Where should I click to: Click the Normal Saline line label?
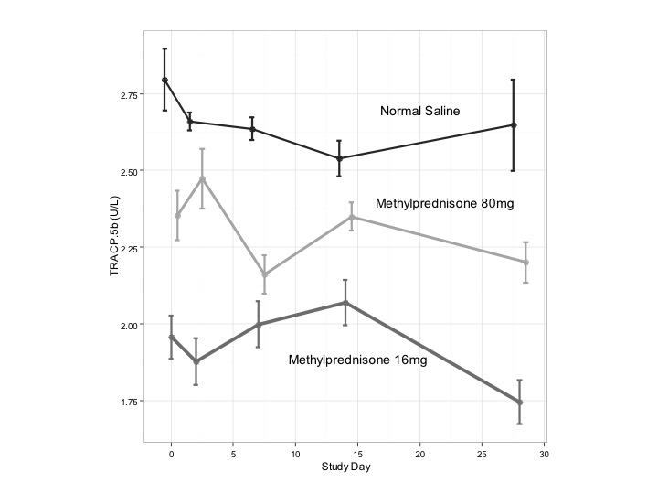419,111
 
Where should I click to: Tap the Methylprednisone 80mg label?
445,203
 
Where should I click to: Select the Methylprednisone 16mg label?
357,360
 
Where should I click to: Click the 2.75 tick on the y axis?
128,95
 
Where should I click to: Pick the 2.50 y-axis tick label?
128,172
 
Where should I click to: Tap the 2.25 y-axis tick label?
128,249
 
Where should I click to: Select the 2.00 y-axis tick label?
128,326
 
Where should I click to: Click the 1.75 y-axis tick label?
128,402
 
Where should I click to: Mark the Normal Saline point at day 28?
514,125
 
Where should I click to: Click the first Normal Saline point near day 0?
164,81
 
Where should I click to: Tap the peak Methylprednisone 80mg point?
202,178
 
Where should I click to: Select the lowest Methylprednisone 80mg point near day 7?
265,274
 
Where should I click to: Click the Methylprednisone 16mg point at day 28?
519,403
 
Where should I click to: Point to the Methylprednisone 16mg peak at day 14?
345,303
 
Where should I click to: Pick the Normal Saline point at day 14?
339,158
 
